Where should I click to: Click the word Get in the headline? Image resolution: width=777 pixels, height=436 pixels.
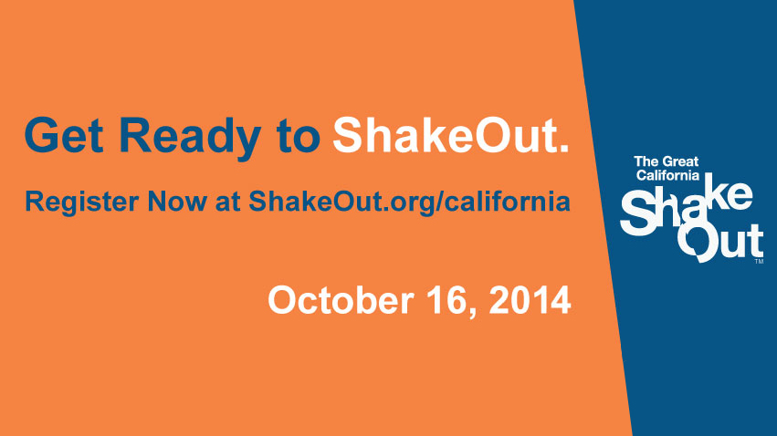64,135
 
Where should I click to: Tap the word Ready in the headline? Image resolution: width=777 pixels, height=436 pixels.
190,139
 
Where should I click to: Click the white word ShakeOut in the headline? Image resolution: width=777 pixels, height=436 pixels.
444,135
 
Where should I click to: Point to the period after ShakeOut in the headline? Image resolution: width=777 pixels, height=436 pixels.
563,148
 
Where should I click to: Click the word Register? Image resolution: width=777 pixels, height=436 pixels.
82,202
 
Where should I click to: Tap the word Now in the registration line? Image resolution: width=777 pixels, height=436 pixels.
177,202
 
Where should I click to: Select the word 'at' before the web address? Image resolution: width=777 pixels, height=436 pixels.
228,202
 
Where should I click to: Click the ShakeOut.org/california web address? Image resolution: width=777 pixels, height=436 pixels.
409,202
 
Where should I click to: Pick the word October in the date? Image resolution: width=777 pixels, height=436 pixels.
341,300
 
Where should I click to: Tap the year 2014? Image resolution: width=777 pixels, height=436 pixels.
530,300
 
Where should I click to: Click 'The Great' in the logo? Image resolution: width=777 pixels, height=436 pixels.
666,161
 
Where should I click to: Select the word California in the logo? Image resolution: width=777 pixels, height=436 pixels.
667,175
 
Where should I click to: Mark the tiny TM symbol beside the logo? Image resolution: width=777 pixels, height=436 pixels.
759,261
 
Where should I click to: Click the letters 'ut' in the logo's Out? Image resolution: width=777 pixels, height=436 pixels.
740,242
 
